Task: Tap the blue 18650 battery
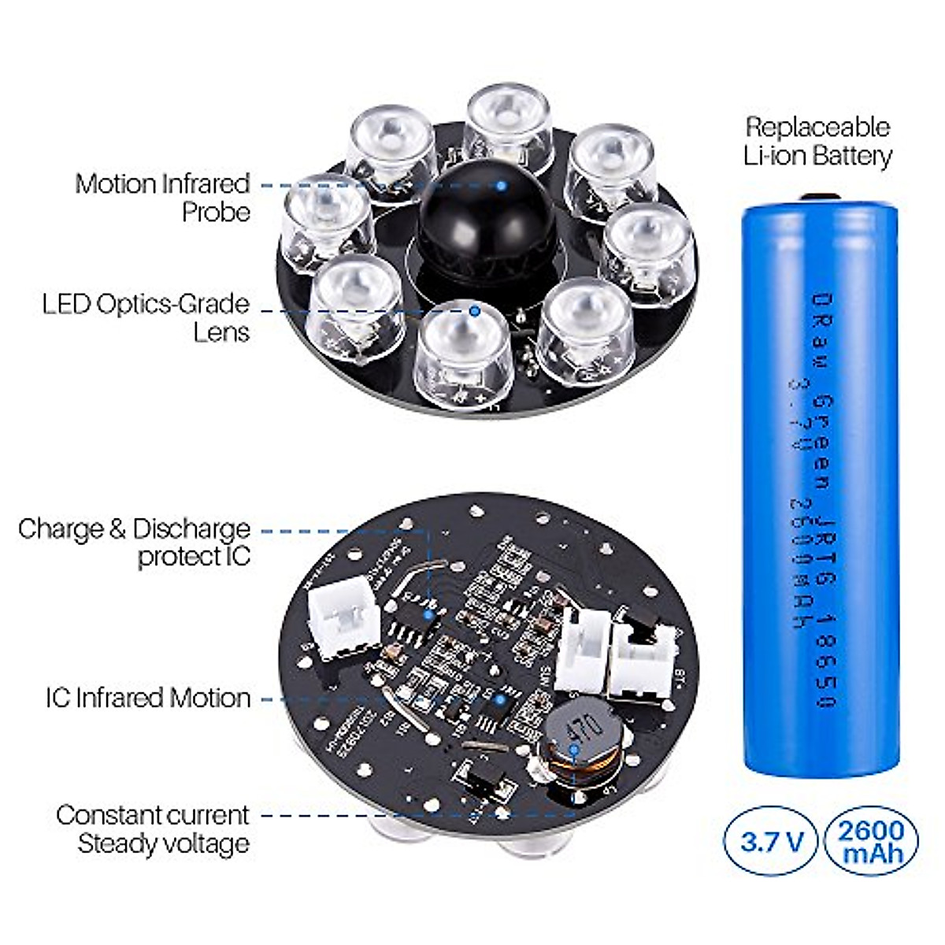821,488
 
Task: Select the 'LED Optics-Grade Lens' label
146,317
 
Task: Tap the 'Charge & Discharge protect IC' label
135,542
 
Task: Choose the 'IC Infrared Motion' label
148,698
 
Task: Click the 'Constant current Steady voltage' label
153,828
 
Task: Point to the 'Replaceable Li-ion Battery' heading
818,141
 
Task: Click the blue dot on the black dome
500,186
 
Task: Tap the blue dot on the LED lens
474,310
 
